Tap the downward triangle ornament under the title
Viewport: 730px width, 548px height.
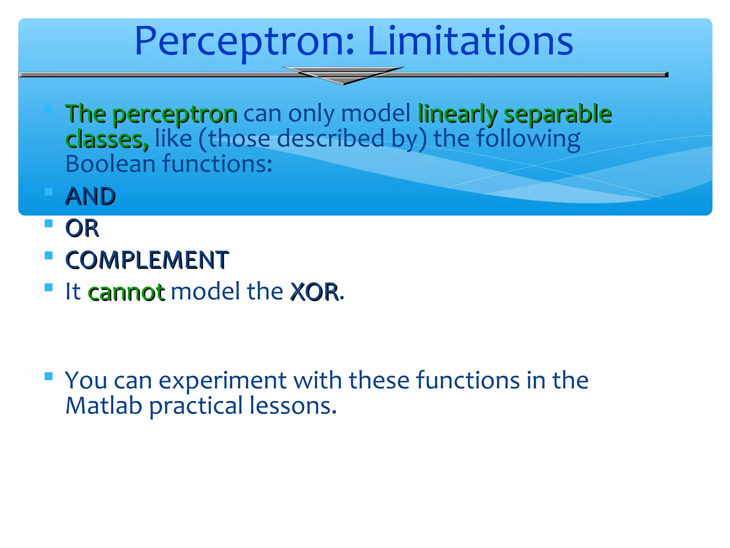pos(343,76)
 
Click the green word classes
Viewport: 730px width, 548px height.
pos(107,139)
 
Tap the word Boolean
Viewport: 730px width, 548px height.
pos(110,164)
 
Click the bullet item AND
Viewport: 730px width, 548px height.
pos(91,196)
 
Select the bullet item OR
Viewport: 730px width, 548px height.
pos(82,228)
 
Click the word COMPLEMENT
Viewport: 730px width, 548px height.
pos(147,259)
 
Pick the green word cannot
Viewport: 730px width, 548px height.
pos(126,292)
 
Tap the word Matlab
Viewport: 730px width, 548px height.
pos(104,406)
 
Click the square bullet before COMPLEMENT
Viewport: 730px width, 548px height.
pos(49,255)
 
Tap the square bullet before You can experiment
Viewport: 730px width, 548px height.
pos(49,376)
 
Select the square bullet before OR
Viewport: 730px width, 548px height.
pos(49,224)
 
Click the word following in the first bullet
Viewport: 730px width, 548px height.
pos(528,139)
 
